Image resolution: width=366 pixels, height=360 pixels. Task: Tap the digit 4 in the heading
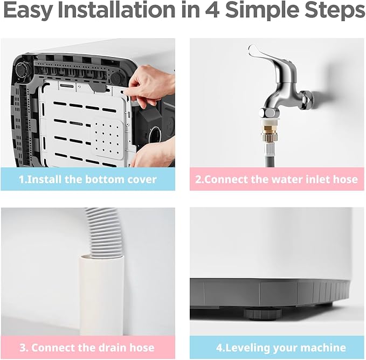212,10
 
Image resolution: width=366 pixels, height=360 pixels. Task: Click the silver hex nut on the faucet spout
269,114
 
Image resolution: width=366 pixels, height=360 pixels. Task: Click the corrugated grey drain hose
103,233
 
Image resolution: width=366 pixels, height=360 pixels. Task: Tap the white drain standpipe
101,296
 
